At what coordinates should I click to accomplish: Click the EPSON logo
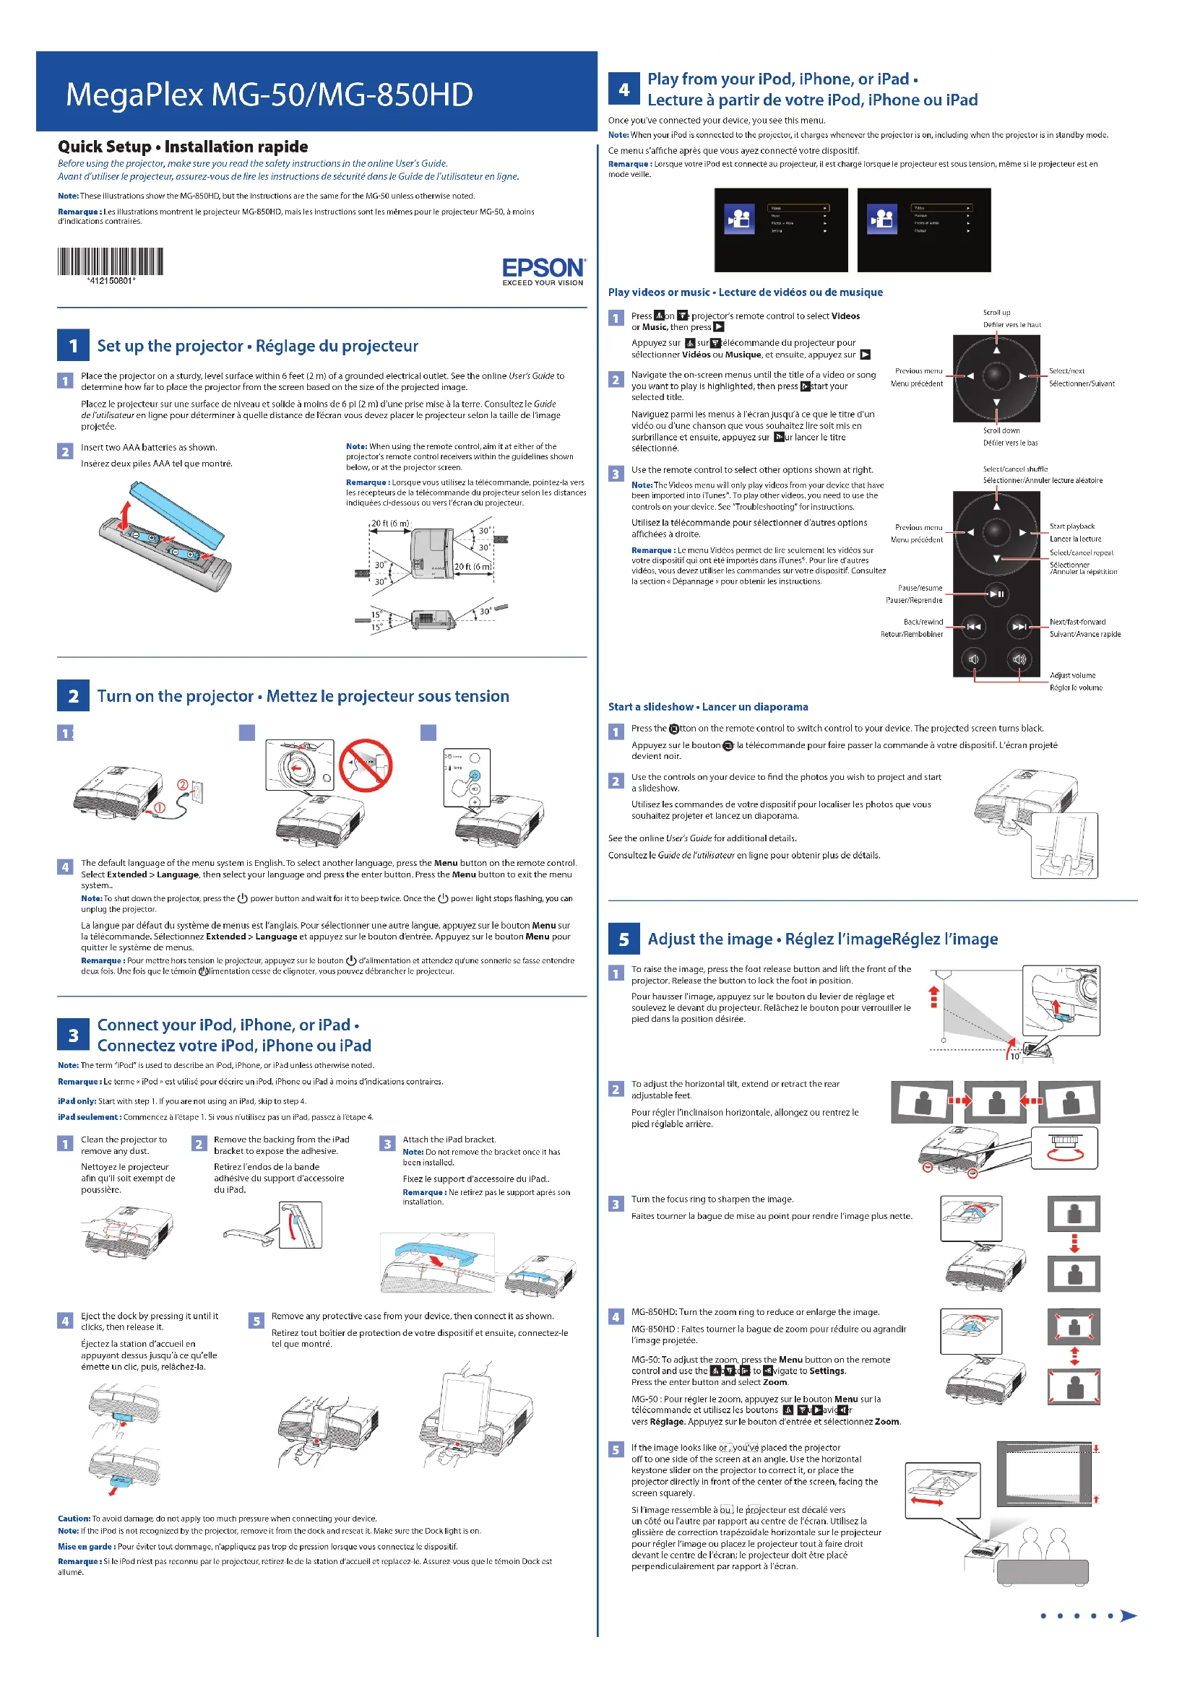(543, 268)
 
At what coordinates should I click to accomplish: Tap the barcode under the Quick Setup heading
(111, 262)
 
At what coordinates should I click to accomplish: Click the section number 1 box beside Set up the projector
(73, 346)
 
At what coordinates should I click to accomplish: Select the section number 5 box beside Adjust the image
(624, 939)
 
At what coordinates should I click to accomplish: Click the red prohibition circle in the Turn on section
(366, 765)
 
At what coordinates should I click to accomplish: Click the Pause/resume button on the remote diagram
(997, 594)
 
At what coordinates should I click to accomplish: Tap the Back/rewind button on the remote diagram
(973, 627)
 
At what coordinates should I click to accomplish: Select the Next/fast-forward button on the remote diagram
(1019, 627)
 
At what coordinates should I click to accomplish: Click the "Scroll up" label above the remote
(996, 313)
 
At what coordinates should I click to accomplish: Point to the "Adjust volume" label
(1072, 675)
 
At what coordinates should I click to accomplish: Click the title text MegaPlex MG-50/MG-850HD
(269, 95)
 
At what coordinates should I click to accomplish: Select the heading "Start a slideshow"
(650, 707)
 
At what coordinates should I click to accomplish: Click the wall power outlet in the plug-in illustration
(197, 792)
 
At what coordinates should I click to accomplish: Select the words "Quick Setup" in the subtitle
(105, 147)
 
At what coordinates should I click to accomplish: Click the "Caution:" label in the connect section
(74, 1519)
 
